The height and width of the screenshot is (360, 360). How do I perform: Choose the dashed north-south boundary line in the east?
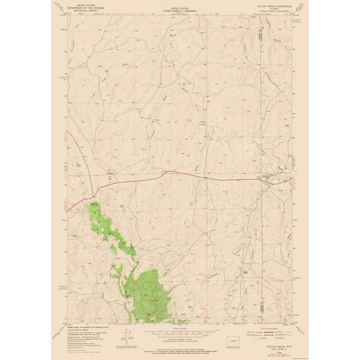click(258, 94)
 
